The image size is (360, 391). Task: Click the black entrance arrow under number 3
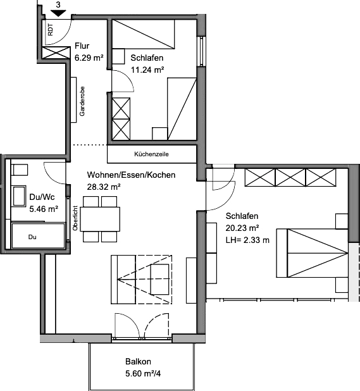58,13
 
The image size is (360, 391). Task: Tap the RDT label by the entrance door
51,30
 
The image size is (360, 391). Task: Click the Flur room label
82,46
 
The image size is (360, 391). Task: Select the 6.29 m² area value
89,58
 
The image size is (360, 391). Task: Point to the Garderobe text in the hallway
82,101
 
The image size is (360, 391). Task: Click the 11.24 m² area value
147,70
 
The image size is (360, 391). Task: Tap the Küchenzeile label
151,154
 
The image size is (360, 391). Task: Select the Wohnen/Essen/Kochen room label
131,175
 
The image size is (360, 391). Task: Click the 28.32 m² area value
104,187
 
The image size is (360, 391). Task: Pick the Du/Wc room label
42,197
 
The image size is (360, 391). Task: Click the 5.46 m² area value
44,209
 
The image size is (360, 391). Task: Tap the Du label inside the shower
32,237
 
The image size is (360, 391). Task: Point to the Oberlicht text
75,218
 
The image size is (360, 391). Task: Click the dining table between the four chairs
100,219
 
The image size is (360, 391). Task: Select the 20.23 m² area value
242,228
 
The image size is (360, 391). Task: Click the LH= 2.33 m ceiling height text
247,240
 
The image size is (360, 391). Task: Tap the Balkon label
138,361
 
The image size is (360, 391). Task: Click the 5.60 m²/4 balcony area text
143,373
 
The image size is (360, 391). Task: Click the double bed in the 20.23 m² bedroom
312,253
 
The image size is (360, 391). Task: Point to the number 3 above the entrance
58,5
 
